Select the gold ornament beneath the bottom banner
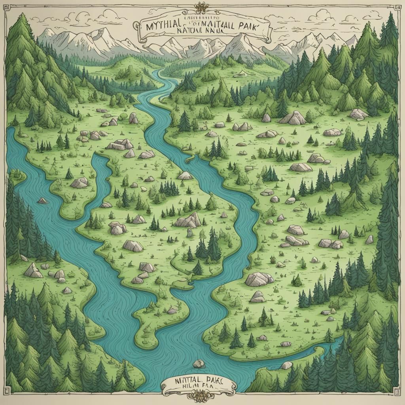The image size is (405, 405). tap(202, 396)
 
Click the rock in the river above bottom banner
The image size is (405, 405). tap(199, 363)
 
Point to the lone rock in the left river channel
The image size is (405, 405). tap(42, 201)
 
